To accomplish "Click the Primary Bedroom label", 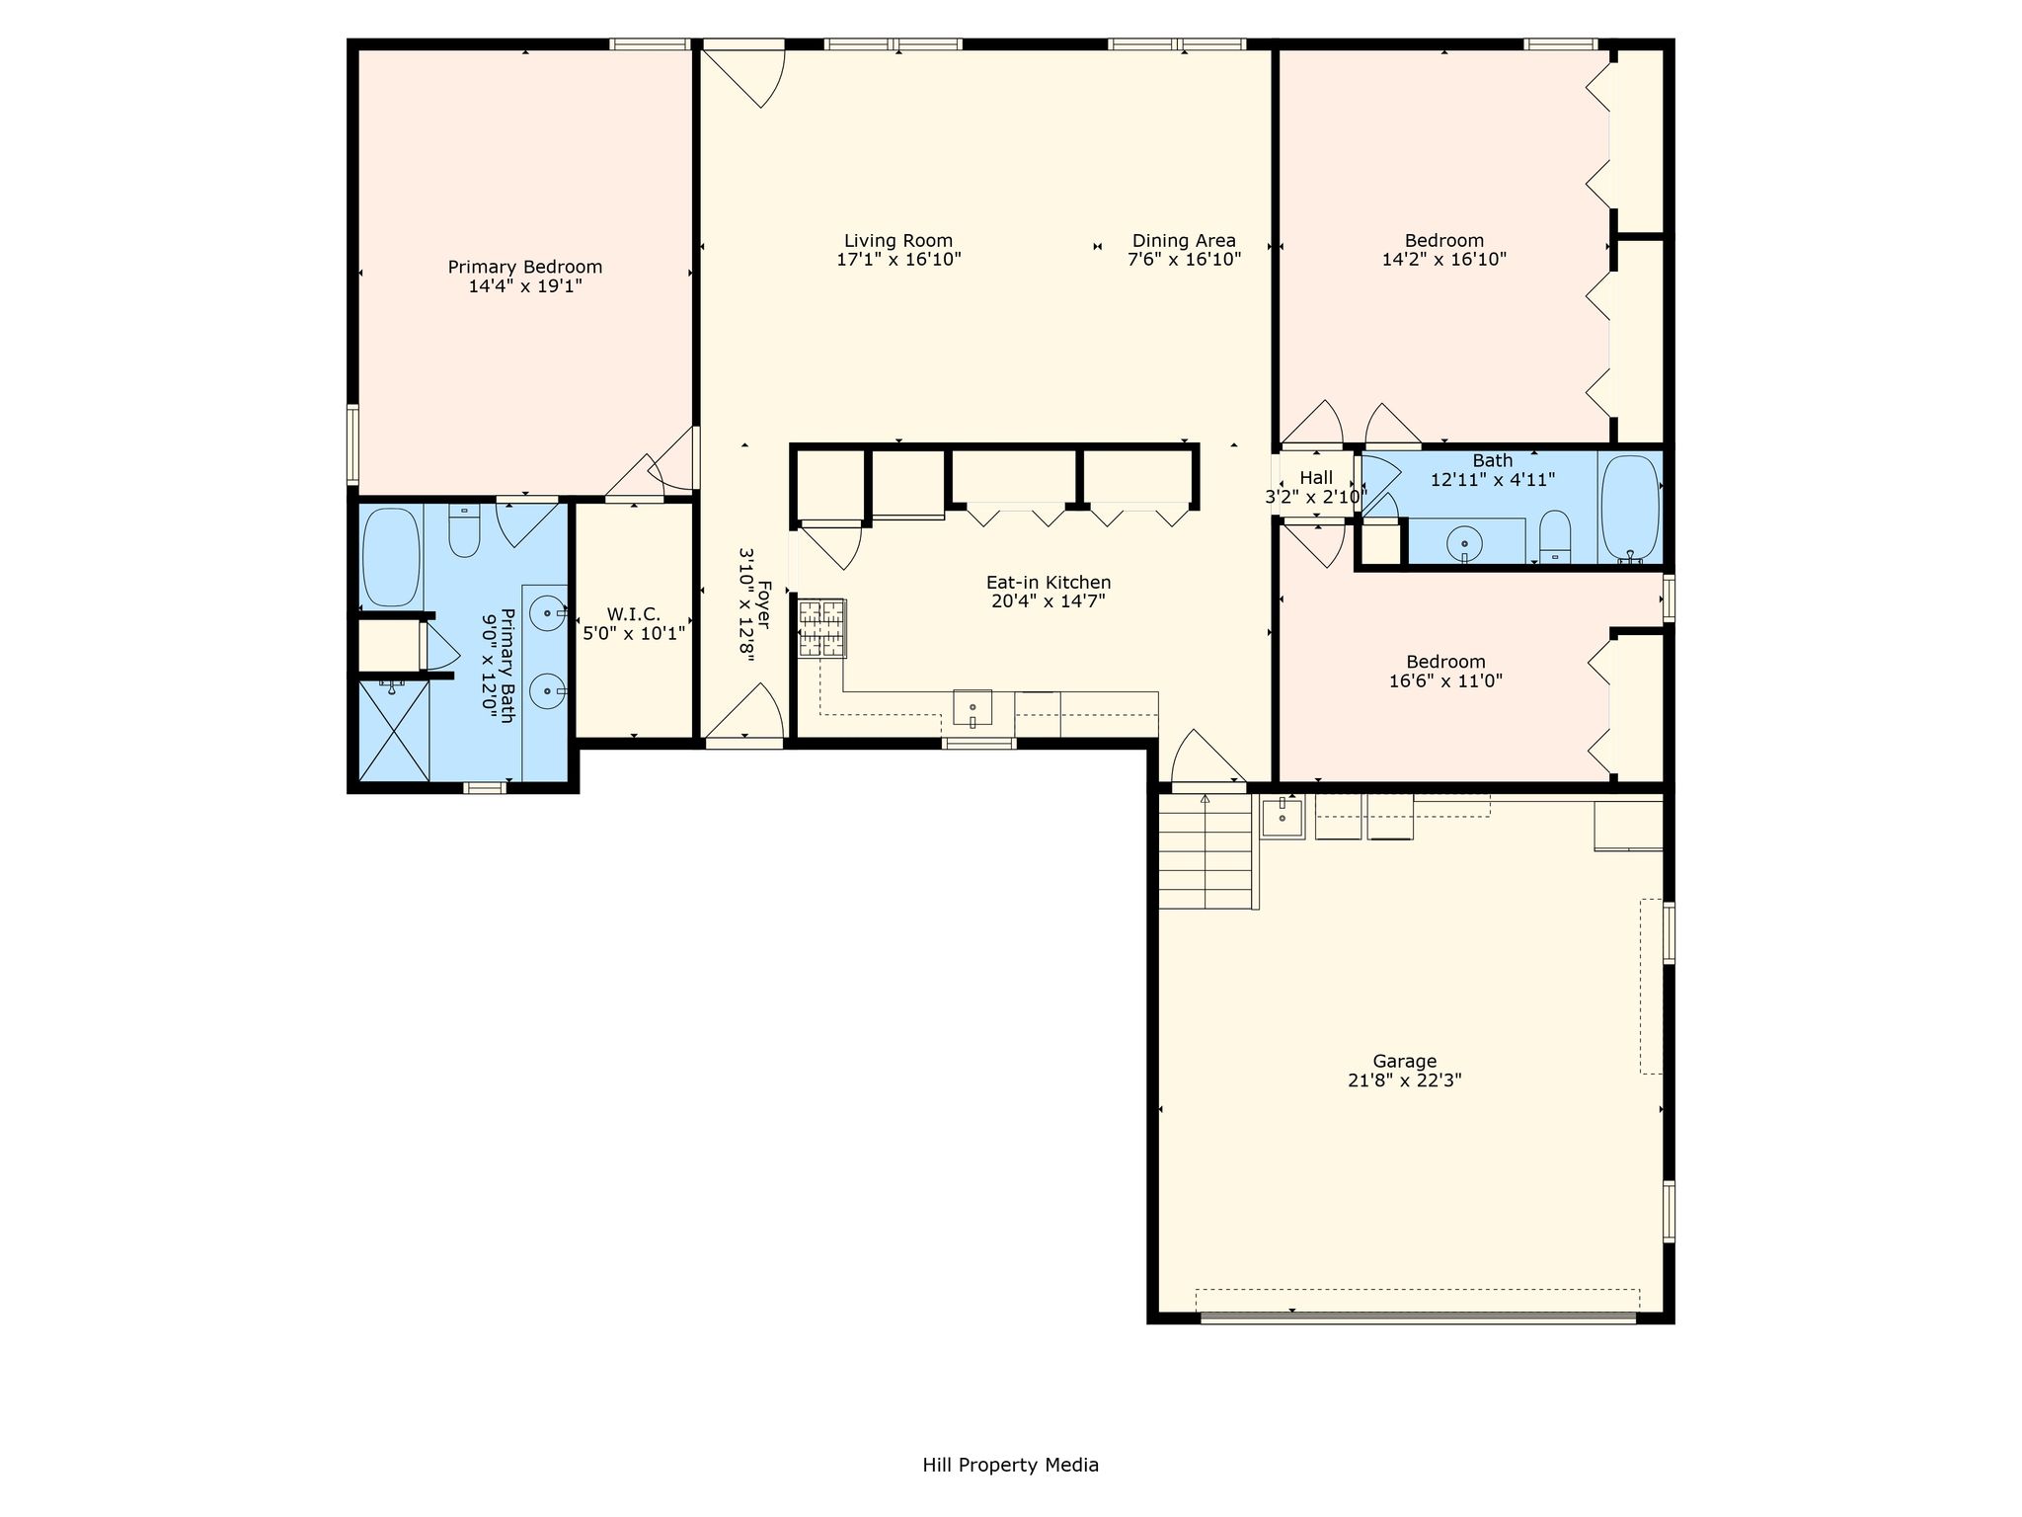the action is click(x=525, y=267).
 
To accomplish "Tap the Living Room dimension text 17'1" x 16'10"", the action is click(x=898, y=260).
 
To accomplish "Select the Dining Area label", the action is click(x=1184, y=240).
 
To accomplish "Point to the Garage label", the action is click(x=1404, y=1062).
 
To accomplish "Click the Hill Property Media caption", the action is click(x=1010, y=1465).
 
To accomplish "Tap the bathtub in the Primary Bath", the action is click(x=392, y=557).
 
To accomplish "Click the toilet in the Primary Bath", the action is click(x=464, y=530).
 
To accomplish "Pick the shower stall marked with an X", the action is click(x=393, y=731).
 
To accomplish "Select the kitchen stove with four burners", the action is click(x=821, y=628).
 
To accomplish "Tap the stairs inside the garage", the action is click(x=1205, y=850).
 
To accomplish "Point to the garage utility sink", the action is click(x=1283, y=817).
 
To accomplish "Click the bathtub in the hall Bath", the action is click(x=1630, y=508).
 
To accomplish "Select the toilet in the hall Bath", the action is click(x=1555, y=536).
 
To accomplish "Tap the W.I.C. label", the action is click(x=634, y=614).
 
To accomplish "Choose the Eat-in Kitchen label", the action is click(x=1049, y=583).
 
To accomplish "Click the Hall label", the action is click(x=1316, y=478).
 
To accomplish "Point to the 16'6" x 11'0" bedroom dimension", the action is click(x=1445, y=680).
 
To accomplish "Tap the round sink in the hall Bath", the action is click(x=1465, y=543).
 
